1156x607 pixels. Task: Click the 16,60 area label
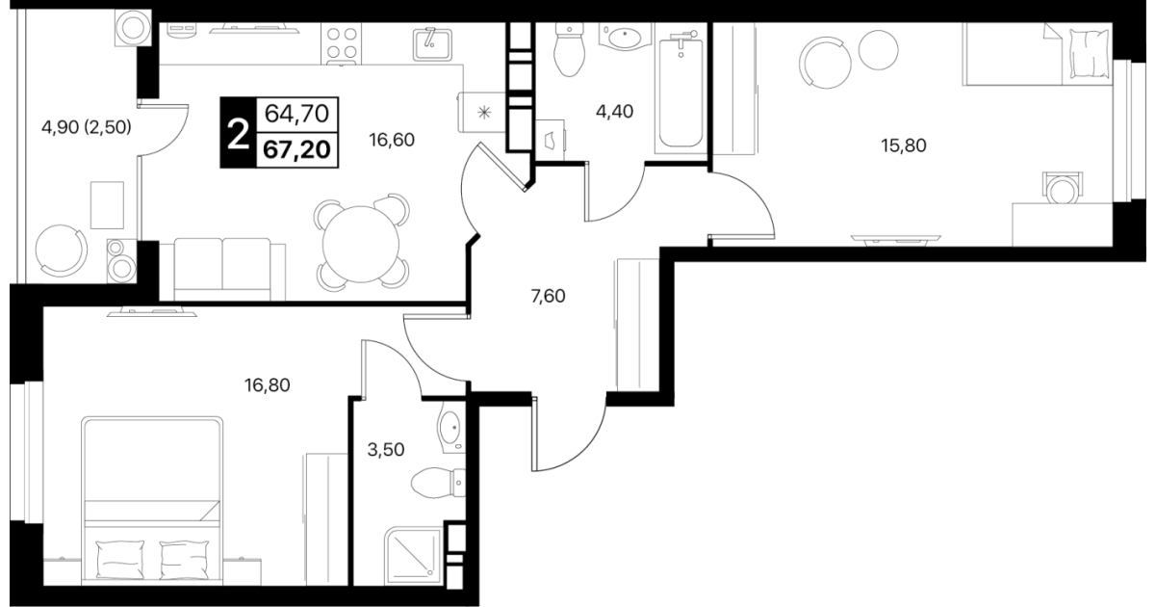tap(392, 140)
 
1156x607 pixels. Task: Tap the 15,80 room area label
tap(904, 145)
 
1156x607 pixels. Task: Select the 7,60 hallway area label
tap(548, 297)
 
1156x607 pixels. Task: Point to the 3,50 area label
tap(386, 450)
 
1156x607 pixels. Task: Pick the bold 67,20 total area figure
tap(296, 150)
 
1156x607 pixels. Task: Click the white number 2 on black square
tap(239, 133)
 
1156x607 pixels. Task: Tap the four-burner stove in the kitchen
tap(342, 44)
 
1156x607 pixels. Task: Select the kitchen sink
tap(432, 44)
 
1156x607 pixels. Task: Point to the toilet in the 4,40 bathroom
tap(569, 50)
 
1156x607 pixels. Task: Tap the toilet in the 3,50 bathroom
tap(439, 483)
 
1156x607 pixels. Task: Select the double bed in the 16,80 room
tap(152, 501)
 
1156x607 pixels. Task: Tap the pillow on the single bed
tap(1089, 53)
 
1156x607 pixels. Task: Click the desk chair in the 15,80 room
tap(1063, 189)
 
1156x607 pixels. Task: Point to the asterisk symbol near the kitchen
tap(484, 113)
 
